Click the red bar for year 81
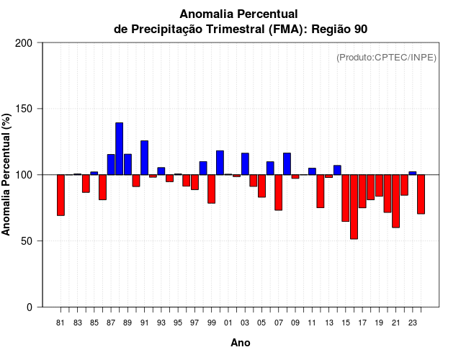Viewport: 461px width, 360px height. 61,195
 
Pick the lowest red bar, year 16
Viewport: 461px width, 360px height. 354,207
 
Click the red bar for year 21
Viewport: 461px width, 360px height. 395,201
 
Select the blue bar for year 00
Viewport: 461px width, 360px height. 220,163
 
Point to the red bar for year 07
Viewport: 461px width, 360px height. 278,192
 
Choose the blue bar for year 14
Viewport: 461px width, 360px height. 337,170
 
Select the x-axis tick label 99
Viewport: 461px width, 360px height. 211,323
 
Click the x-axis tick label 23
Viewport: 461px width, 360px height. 412,323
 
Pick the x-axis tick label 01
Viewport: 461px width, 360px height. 228,323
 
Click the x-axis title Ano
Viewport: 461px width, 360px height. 241,343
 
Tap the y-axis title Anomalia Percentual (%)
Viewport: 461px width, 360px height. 6,174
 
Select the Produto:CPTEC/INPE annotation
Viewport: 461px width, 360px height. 386,58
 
